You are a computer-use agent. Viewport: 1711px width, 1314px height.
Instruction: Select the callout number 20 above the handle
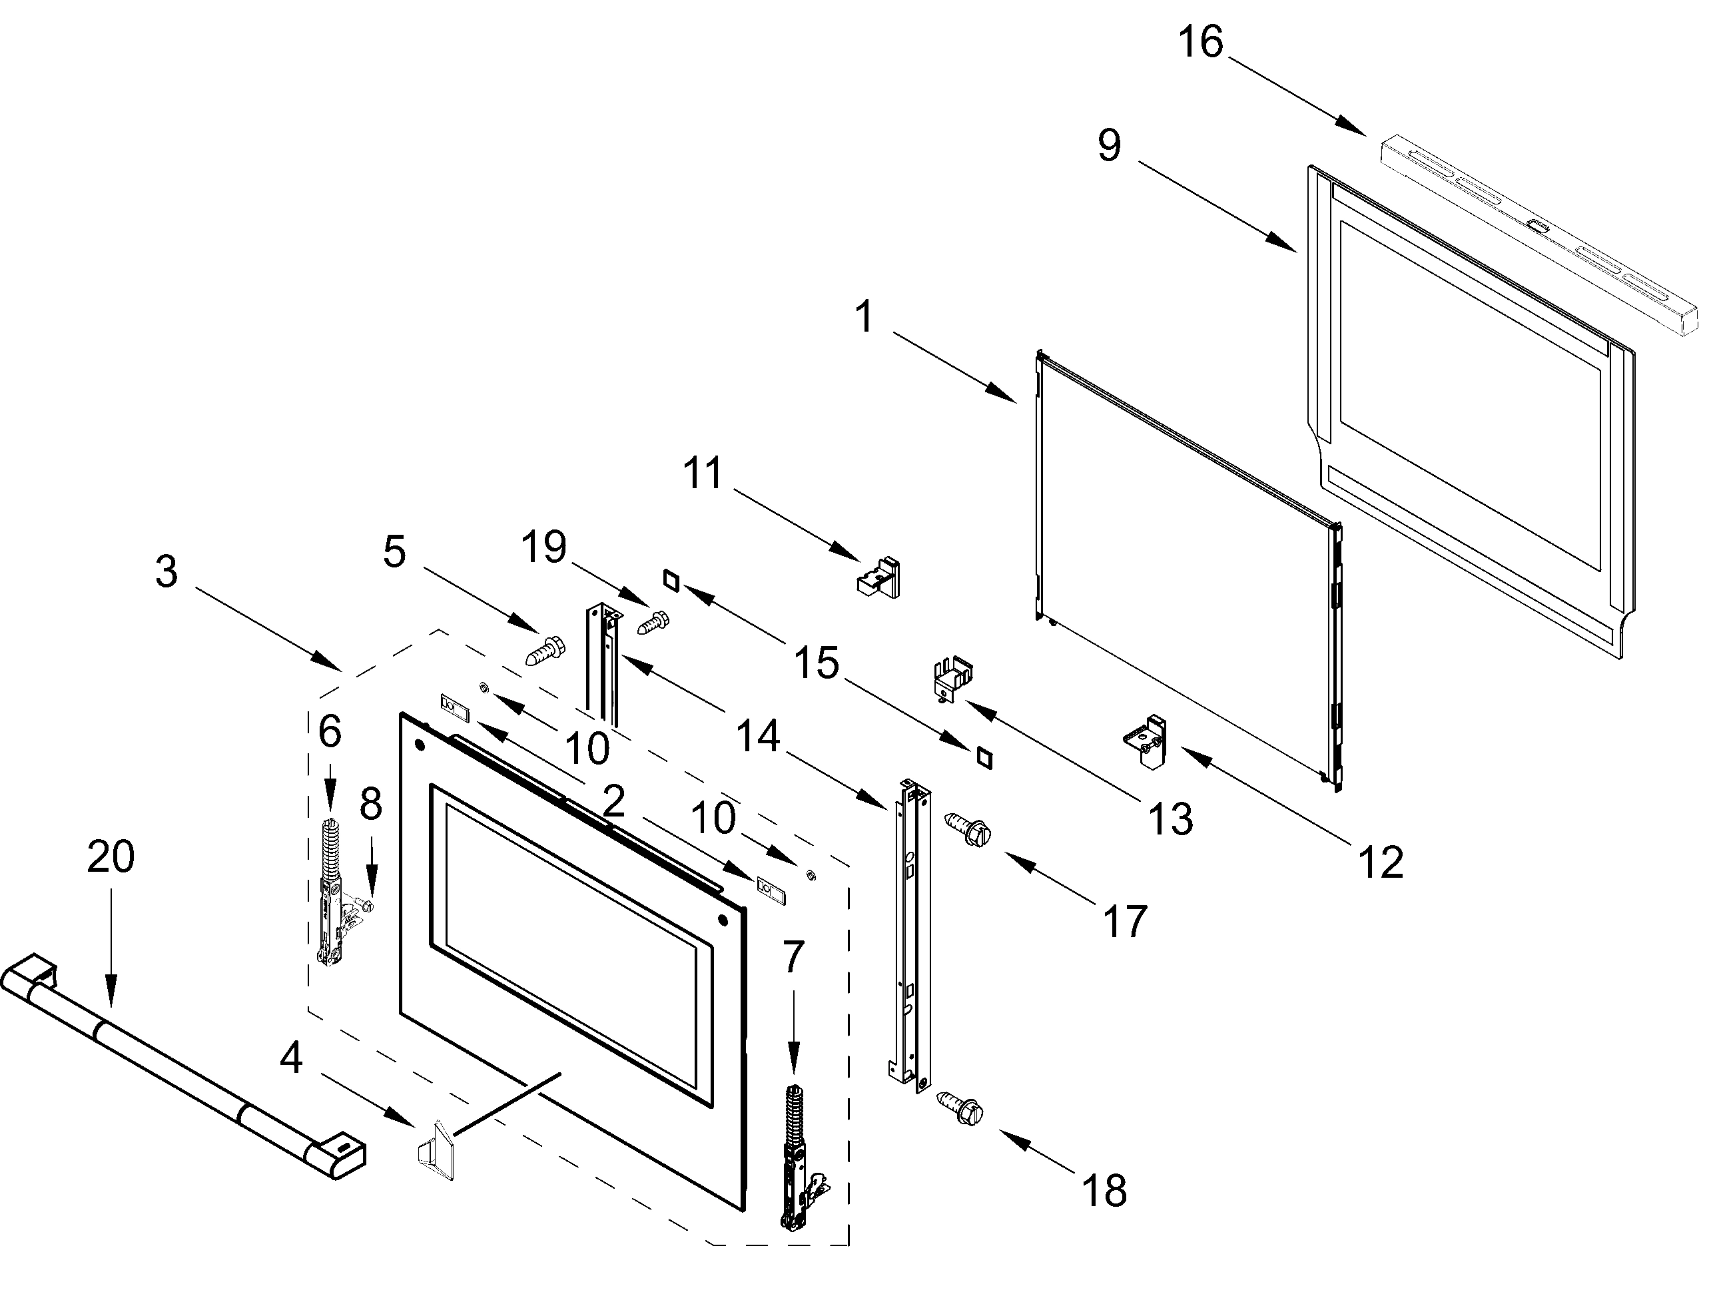pos(111,856)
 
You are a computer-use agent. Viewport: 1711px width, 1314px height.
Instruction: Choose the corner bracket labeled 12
pos(1146,741)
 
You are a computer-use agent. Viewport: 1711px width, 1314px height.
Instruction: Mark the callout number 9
pos(1109,145)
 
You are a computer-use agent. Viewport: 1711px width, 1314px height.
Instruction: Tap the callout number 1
pos(864,317)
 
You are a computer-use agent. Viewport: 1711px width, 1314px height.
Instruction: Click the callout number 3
pos(166,571)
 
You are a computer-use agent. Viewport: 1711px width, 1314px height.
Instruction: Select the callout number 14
pos(759,736)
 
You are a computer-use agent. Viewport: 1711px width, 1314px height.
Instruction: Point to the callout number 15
pos(817,664)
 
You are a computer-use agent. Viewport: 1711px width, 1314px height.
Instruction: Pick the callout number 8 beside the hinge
pos(371,803)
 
